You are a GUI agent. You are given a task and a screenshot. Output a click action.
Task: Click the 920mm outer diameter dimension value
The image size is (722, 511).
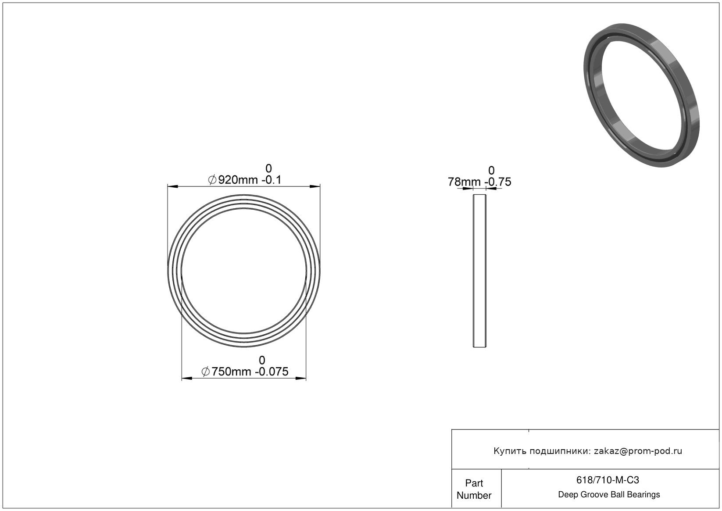[238, 180]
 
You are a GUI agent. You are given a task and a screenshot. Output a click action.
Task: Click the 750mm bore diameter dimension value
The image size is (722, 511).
[231, 372]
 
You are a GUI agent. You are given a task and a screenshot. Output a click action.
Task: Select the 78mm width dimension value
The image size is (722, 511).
[464, 182]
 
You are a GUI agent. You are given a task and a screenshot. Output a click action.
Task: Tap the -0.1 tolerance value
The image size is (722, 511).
[272, 180]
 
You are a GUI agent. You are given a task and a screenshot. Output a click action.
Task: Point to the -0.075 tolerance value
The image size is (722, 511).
[272, 372]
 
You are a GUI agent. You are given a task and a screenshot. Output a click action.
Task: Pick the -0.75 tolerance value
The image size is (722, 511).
[498, 182]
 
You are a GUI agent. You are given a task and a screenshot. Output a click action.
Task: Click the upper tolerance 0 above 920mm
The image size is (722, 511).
[268, 168]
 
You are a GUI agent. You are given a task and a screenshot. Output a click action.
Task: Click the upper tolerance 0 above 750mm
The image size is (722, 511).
[262, 360]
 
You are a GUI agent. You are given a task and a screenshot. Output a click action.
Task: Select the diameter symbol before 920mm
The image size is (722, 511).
[212, 180]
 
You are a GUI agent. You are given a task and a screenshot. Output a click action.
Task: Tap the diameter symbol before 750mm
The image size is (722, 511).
[206, 372]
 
